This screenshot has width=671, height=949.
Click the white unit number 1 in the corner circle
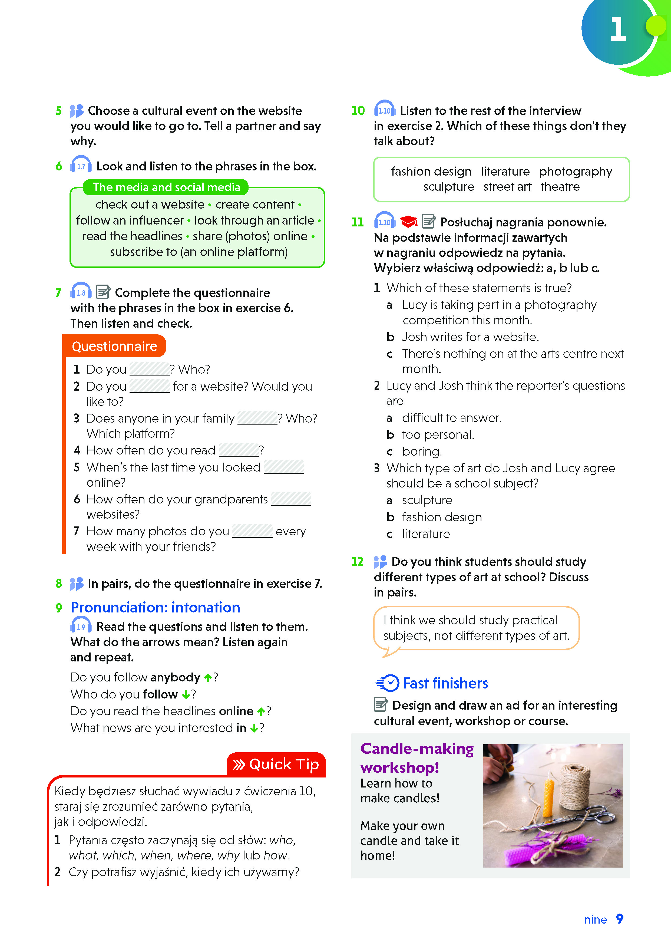(618, 30)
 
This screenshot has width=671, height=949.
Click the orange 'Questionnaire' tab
(114, 346)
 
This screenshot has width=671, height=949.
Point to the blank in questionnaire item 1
(149, 369)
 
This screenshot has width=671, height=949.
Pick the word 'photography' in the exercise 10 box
(575, 172)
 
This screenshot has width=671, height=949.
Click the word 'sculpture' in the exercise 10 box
(448, 187)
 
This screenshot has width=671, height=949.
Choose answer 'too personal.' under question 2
(438, 435)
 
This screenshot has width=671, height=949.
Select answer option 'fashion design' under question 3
(442, 517)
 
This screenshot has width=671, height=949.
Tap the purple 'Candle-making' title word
(417, 749)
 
